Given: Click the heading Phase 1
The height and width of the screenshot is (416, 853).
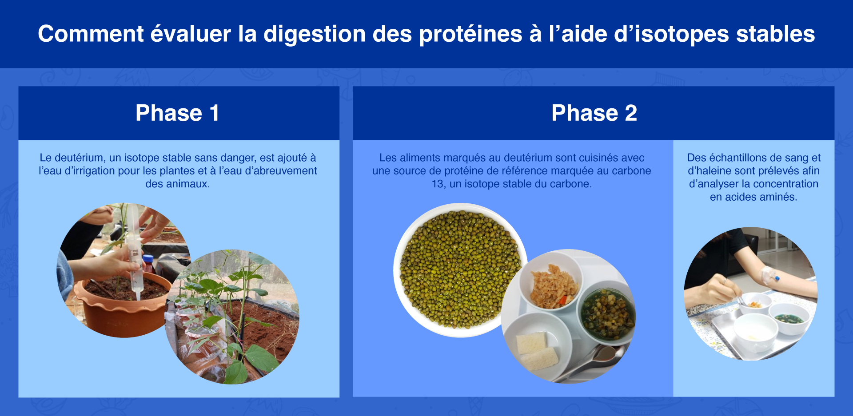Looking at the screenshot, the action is tap(177, 113).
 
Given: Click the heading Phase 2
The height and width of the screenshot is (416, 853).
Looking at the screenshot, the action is tap(594, 113).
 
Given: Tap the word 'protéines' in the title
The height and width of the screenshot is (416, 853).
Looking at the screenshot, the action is tap(470, 34).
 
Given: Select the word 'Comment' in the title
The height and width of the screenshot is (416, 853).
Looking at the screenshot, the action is tap(91, 34).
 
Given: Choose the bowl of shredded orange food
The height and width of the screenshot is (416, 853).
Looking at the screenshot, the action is tap(551, 282).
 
